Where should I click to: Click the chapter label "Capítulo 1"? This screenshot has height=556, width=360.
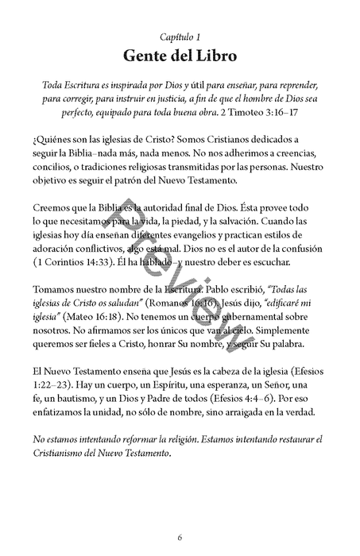click(180, 37)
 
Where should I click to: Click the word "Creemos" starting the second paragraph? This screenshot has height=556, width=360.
click(58, 207)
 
